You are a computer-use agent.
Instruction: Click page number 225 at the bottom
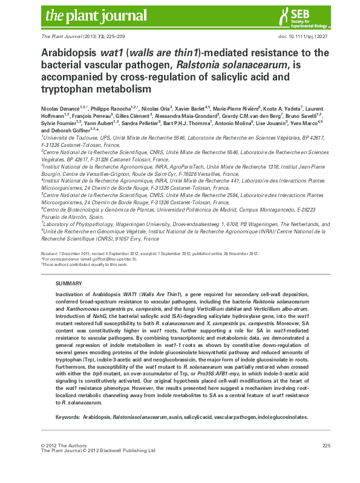[326, 446]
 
